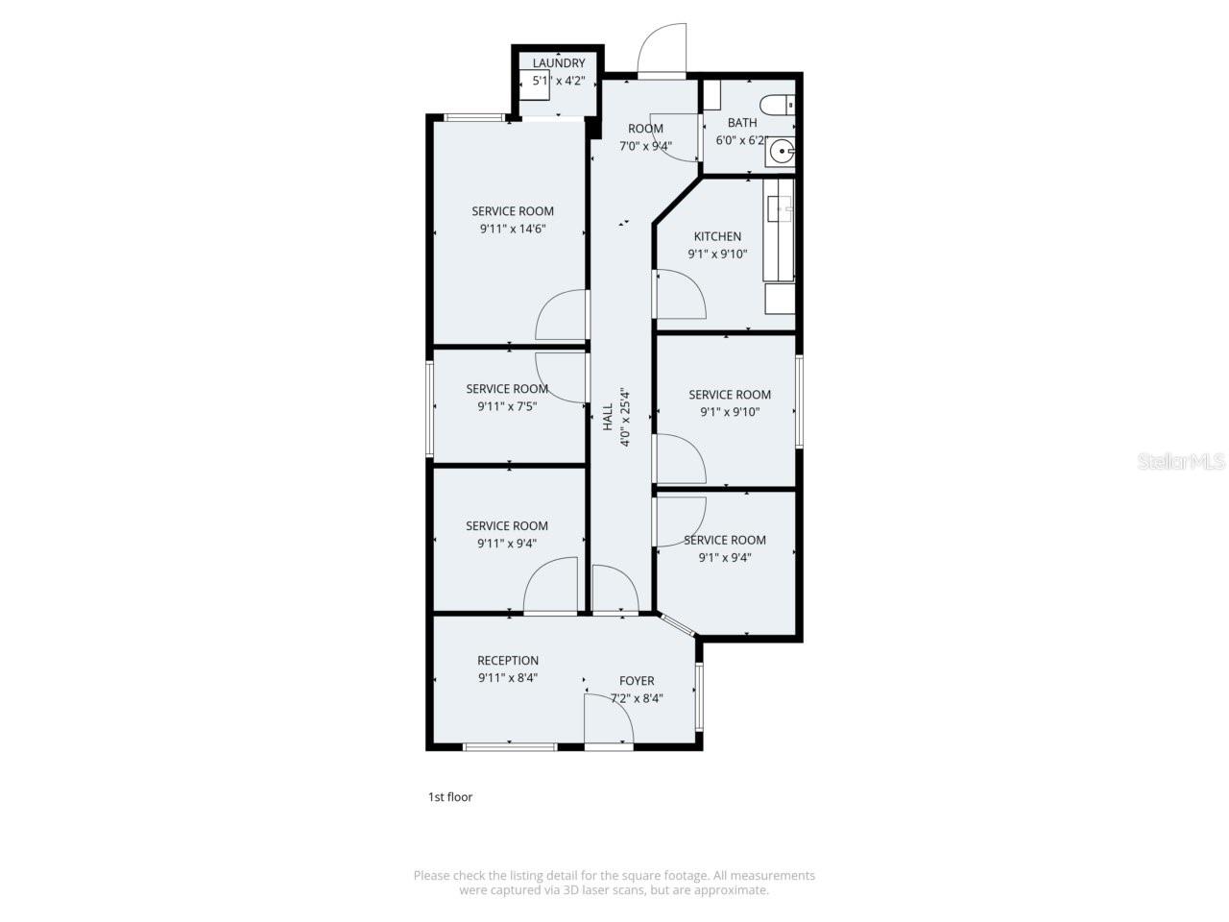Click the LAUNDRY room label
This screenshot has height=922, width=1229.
(x=559, y=63)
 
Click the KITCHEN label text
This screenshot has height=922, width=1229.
(x=717, y=236)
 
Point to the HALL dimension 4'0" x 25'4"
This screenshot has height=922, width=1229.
(x=625, y=418)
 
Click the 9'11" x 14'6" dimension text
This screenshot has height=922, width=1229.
(x=513, y=230)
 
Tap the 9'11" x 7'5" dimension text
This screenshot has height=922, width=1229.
(x=507, y=406)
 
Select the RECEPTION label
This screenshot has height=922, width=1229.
(x=508, y=660)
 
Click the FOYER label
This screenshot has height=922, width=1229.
(x=637, y=681)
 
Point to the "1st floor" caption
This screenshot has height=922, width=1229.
(x=450, y=797)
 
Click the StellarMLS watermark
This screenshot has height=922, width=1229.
(x=1181, y=462)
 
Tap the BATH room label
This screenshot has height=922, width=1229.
(x=742, y=122)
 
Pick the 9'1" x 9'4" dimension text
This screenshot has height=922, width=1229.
(x=724, y=557)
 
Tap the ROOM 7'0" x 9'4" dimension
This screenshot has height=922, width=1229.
(x=645, y=147)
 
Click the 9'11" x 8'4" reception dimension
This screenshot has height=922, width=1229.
(x=508, y=677)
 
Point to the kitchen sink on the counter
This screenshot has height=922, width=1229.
(x=779, y=207)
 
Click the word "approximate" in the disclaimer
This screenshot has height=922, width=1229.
(x=735, y=890)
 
